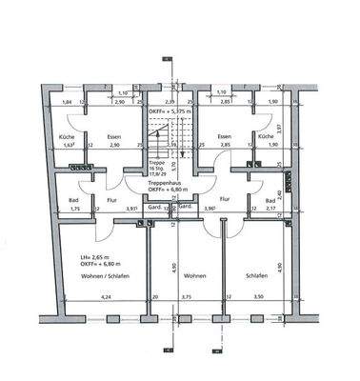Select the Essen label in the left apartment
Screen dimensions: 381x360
click(113, 136)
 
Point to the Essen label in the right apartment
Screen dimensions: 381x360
click(225, 136)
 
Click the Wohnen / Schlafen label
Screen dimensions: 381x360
click(93, 275)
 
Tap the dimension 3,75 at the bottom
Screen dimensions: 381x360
click(188, 297)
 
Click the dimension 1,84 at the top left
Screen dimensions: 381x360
click(67, 102)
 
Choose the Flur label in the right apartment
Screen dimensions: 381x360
click(225, 200)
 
